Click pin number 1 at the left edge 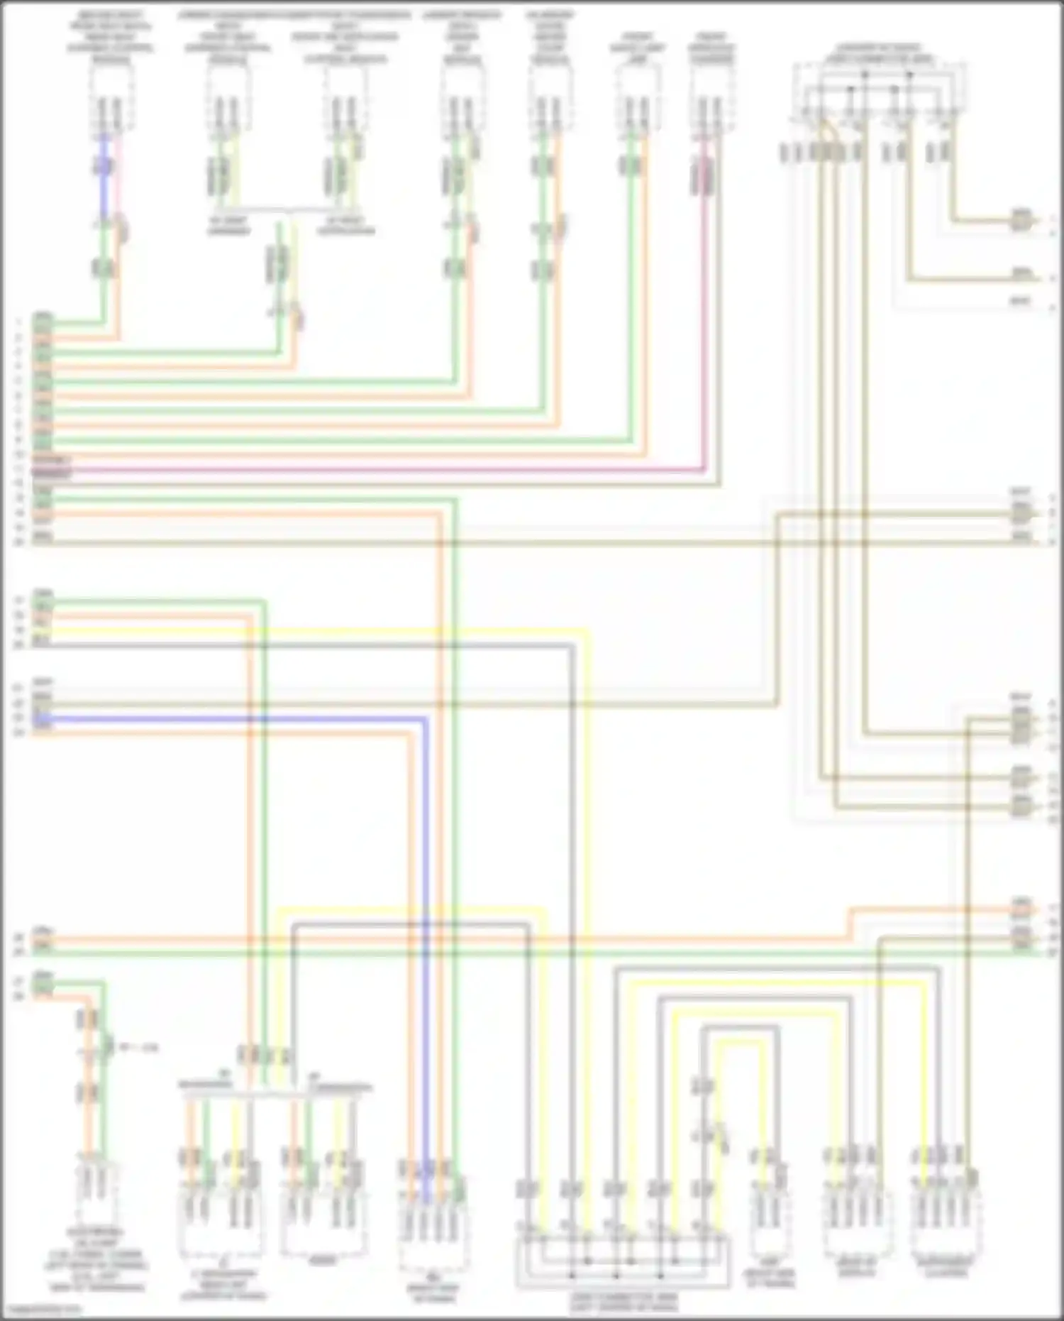[x=19, y=322]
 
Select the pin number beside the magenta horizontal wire [x=19, y=469]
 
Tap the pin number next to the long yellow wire [x=19, y=630]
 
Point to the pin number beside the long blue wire [x=19, y=718]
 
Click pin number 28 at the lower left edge [x=19, y=997]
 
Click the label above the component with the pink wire [x=712, y=48]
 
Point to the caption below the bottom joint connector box [x=624, y=1301]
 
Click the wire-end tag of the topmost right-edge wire [x=1021, y=218]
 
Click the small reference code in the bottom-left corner [x=41, y=1309]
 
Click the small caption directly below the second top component [x=228, y=226]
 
